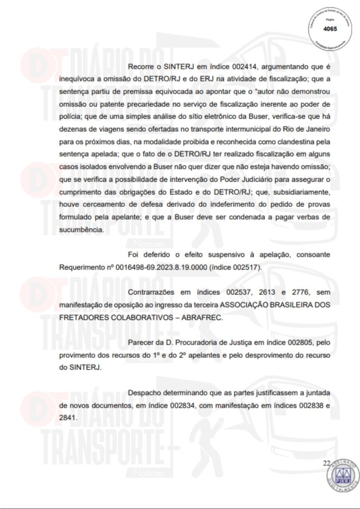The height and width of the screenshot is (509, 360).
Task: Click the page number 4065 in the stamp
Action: point(329,29)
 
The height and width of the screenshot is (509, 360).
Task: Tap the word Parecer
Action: point(141,342)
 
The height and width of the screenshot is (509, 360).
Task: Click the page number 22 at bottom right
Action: point(326,463)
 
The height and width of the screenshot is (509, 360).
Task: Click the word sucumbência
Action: point(79,230)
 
